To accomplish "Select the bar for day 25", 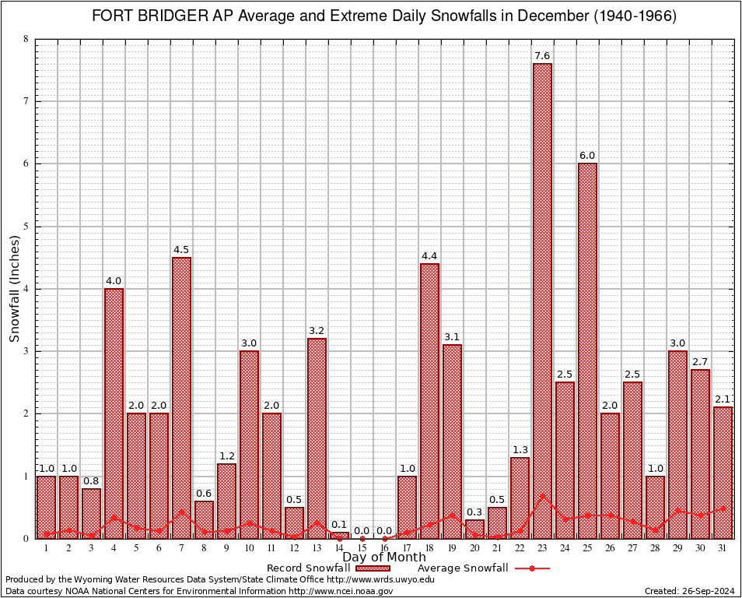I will tap(587, 350).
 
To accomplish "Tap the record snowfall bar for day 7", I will tap(181, 397).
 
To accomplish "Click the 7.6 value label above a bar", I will tap(542, 56).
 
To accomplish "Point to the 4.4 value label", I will tap(429, 256).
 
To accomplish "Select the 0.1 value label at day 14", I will tap(339, 525).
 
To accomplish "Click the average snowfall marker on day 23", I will tap(542, 495).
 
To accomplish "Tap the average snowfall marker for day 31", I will tap(723, 508).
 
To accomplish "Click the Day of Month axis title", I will tap(384, 558).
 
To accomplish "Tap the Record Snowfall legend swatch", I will tap(376, 568).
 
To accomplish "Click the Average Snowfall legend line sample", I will tap(531, 568).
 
